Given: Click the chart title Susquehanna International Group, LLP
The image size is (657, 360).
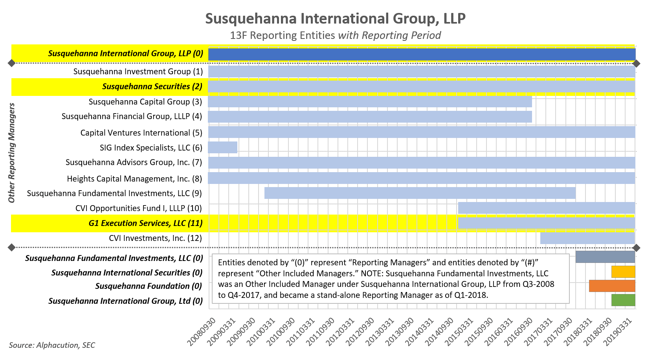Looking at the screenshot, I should [335, 18].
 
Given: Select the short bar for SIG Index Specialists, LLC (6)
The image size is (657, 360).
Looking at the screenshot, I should [222, 147].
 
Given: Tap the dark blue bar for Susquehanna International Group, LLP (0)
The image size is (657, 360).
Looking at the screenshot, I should [422, 54].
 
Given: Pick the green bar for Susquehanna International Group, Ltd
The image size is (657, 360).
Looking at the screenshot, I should [623, 300].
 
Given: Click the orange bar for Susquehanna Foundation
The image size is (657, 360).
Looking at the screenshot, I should [612, 286].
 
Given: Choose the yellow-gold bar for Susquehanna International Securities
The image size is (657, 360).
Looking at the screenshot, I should [623, 272].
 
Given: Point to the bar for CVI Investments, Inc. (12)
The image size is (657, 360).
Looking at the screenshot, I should [587, 238].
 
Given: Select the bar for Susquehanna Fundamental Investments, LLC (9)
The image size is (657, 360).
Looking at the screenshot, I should [420, 193].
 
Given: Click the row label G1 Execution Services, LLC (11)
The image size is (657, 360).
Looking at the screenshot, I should [145, 223].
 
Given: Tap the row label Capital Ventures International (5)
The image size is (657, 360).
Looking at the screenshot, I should [141, 133].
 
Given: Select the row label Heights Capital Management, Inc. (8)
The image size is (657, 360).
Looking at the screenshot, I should [134, 179].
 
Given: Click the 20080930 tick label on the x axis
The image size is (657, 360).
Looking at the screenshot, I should [201, 332].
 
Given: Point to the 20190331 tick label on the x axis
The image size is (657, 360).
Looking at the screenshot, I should [618, 332].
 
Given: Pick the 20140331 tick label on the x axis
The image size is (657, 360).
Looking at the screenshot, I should [420, 332].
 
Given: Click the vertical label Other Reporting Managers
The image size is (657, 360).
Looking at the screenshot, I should [12, 153].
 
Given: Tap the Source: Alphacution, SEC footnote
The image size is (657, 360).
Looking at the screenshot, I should [52, 345].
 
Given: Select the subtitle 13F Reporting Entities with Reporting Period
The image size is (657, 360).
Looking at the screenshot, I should [335, 35].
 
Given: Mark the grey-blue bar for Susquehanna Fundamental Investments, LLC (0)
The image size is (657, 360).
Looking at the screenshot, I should [605, 257].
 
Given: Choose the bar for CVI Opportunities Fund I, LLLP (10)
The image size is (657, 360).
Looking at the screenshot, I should [546, 208].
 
